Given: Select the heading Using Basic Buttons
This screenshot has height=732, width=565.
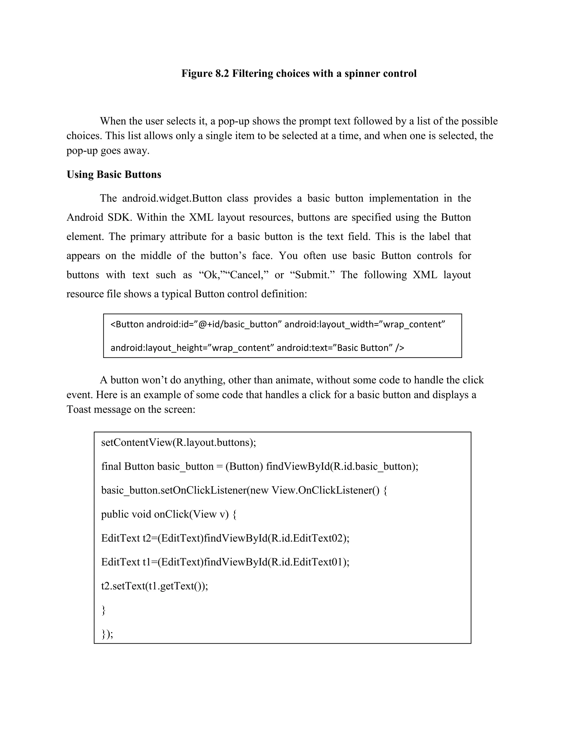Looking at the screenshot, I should (114, 175).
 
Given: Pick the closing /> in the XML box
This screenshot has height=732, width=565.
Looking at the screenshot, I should (400, 348).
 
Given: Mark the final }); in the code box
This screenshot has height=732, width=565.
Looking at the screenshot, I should (107, 634).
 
